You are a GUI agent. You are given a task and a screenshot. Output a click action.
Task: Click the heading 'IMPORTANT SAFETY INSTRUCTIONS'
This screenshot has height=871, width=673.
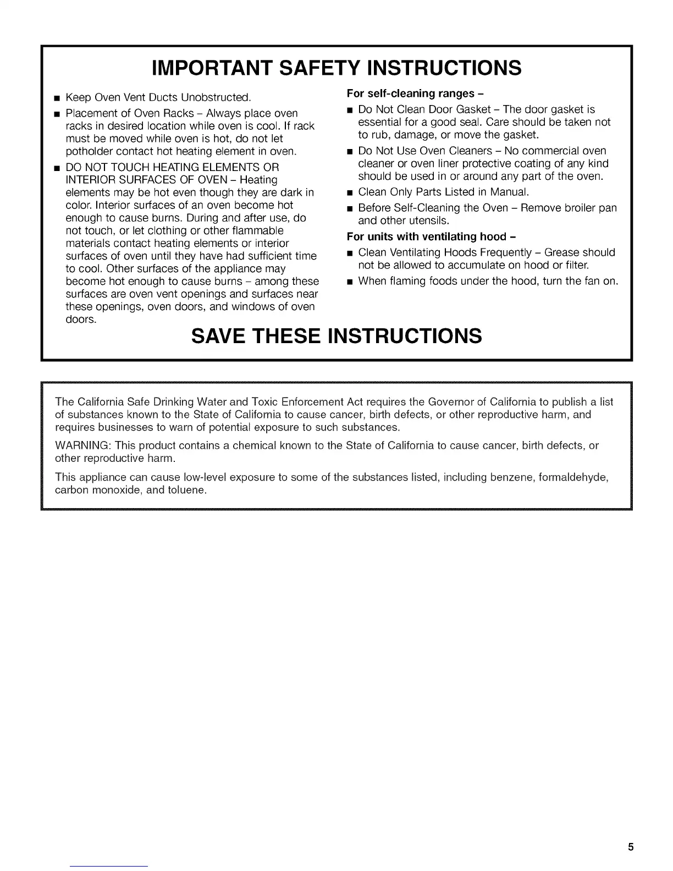click(x=336, y=68)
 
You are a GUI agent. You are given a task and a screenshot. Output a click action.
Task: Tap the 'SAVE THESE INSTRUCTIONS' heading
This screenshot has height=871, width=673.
click(x=336, y=335)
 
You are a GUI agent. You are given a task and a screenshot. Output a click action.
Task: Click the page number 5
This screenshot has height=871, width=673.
click(x=631, y=846)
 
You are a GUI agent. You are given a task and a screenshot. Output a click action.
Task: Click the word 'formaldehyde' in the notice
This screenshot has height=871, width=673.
click(x=573, y=477)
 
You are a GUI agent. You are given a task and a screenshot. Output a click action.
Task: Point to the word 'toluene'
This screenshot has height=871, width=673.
click(x=186, y=490)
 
